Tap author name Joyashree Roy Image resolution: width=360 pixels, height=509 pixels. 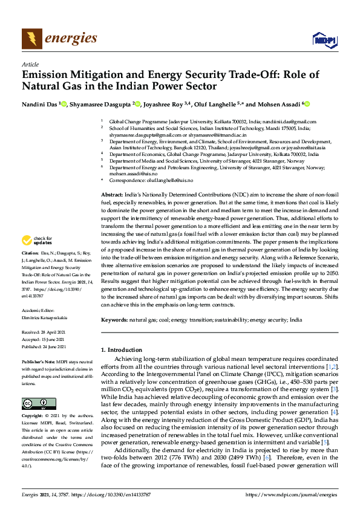(165, 104)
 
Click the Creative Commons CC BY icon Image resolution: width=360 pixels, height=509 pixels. (34, 403)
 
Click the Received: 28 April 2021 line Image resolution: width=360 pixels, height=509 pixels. (45, 332)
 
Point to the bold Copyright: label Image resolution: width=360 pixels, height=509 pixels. (33, 417)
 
